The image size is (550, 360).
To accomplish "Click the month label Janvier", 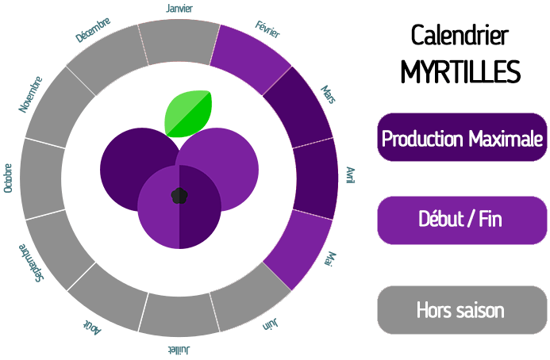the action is point(179,8).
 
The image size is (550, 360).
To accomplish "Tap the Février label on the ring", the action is point(267,29).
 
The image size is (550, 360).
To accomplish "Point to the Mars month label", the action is point(329,94).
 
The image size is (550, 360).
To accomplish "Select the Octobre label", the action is point(8,178).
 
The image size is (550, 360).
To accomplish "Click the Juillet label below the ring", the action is point(179,350).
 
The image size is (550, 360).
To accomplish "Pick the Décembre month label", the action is point(93,30).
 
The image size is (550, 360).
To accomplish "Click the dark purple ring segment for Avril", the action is point(315,178).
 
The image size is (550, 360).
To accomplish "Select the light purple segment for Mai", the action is point(298,251).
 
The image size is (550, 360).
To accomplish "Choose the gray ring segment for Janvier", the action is point(179,42).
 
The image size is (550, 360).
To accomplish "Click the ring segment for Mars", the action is point(298,107).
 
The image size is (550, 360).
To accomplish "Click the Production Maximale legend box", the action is point(462,137).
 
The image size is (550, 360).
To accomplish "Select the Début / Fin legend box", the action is point(462,220).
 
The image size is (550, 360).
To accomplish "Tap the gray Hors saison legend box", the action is point(462,310).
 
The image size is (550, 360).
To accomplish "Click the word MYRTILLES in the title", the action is point(460,71).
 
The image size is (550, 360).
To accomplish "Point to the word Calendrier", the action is point(460,35).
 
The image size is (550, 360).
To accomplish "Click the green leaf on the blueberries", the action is point(188,113).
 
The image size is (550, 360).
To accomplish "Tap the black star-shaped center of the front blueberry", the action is point(179,196).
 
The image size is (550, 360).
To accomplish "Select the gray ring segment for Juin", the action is point(251,298).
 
